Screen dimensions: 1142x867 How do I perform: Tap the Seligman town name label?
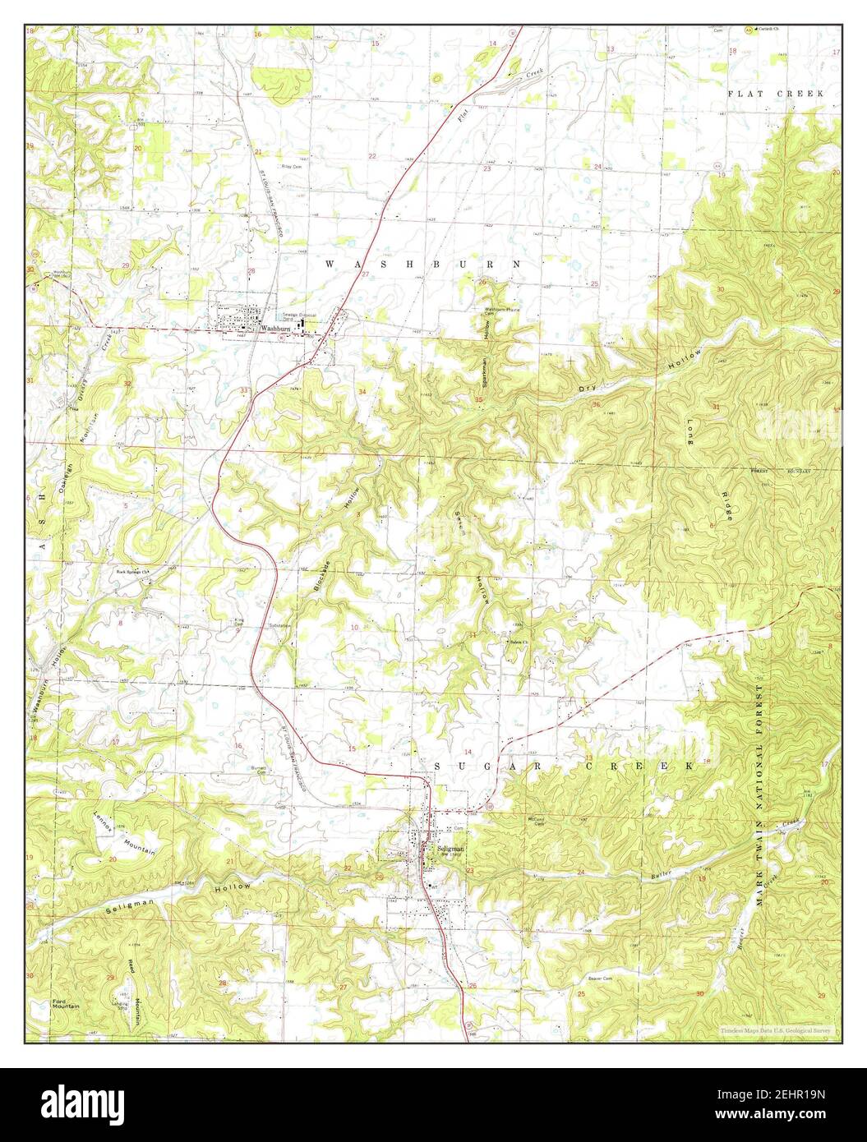[451, 847]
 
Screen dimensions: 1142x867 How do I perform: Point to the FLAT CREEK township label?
[776, 94]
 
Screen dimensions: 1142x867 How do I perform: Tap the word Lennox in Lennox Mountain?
[102, 823]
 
